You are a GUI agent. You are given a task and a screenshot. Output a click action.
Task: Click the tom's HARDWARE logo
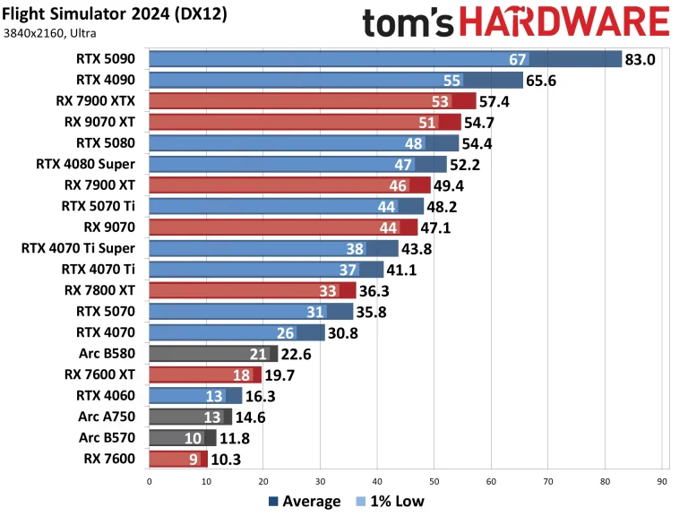pos(516,23)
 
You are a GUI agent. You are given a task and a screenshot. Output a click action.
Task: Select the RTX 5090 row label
pos(106,59)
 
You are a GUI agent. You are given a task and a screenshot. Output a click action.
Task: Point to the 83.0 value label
pos(642,59)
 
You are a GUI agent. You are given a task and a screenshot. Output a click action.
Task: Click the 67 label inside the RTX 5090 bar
pos(517,59)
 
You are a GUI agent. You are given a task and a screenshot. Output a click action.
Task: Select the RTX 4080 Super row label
pos(86,163)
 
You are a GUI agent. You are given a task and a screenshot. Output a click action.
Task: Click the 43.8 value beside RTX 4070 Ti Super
pos(418,248)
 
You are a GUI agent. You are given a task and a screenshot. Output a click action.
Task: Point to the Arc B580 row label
pos(107,353)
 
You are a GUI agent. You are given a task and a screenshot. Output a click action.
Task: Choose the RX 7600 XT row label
pos(99,374)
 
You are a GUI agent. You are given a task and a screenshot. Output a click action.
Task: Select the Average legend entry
pos(304,501)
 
